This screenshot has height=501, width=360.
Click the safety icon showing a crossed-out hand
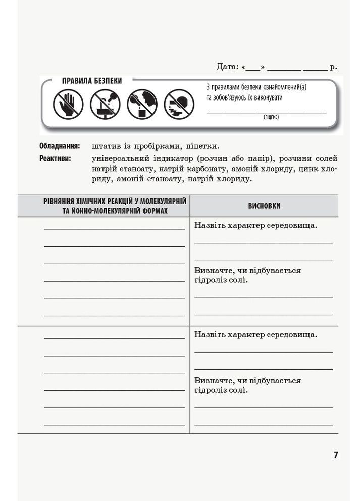pos(68,105)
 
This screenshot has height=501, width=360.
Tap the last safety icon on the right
pos(179,105)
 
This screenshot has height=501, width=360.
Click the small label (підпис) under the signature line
pos(271,117)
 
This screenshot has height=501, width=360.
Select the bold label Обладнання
pos(60,146)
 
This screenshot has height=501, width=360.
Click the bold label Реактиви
pos(55,158)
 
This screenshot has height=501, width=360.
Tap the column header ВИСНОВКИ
pos(264,206)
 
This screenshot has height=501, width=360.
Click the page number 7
pos(336,455)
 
